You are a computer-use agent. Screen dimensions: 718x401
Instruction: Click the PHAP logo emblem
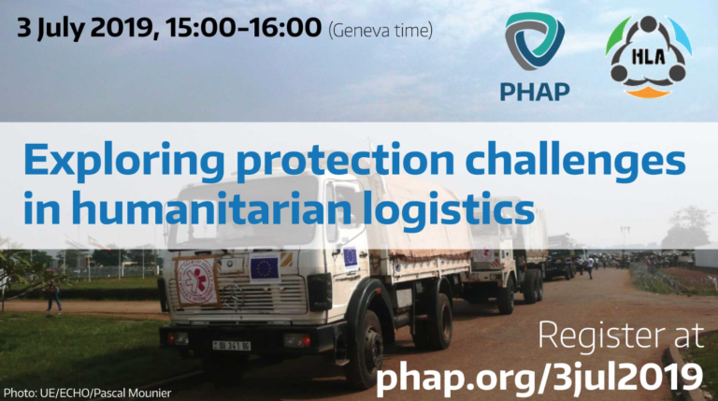pyautogui.click(x=535, y=41)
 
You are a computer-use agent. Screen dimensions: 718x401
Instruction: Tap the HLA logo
pyautogui.click(x=649, y=56)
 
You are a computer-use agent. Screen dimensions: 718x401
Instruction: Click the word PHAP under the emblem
pyautogui.click(x=535, y=92)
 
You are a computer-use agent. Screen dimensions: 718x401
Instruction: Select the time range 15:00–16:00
pyautogui.click(x=244, y=27)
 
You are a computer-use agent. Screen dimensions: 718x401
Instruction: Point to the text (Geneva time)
pyautogui.click(x=381, y=31)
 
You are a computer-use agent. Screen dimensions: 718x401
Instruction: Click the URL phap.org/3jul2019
pyautogui.click(x=538, y=378)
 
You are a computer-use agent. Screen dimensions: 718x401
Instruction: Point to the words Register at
pyautogui.click(x=621, y=336)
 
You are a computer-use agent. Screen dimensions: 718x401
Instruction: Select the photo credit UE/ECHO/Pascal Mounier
pyautogui.click(x=106, y=393)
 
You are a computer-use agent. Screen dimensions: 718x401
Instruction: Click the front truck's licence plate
pyautogui.click(x=231, y=346)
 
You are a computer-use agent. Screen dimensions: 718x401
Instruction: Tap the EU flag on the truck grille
pyautogui.click(x=265, y=267)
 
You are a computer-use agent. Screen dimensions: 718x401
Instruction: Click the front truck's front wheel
pyautogui.click(x=368, y=350)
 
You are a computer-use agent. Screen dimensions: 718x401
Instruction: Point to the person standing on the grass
pyautogui.click(x=53, y=296)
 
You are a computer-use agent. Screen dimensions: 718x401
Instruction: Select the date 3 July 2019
pyautogui.click(x=85, y=27)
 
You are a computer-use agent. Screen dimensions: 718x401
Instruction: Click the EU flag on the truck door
pyautogui.click(x=351, y=257)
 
